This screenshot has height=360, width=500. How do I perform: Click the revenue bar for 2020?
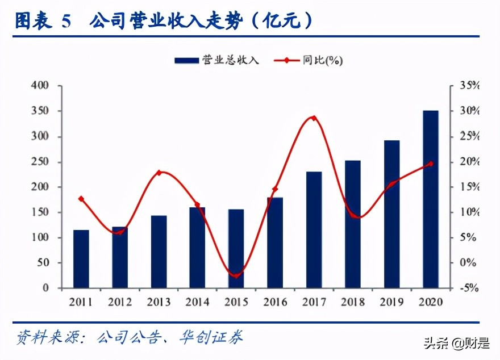pos(430,199)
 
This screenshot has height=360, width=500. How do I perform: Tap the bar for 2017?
pos(314,229)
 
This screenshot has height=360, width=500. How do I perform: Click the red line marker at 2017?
pos(314,118)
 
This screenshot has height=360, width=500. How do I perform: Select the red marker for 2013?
pos(159,173)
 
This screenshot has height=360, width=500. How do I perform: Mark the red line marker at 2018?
pos(353,216)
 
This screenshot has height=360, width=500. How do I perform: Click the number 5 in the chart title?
pos(66,22)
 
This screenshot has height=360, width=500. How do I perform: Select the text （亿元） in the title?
pos(282,22)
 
